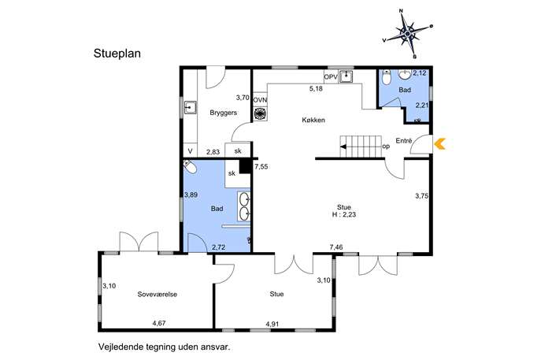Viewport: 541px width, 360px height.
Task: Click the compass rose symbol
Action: coord(407,34)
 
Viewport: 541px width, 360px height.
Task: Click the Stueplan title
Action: coord(117,54)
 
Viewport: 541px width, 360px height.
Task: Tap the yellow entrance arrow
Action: coord(439,143)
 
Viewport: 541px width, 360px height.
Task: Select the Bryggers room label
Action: coord(223,113)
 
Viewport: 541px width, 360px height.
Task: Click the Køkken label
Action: coord(313,120)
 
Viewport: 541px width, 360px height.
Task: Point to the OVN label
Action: coord(260,100)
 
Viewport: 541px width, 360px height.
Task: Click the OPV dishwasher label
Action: coord(331,77)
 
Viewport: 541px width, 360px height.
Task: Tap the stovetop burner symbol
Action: coord(260,113)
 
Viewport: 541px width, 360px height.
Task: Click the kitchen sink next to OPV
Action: coord(346,76)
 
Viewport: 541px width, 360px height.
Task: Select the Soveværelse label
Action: coord(157,295)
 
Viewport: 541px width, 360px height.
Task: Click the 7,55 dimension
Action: coord(261,167)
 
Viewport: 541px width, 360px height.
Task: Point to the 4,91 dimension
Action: coord(272,324)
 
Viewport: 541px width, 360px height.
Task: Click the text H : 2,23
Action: coord(344,214)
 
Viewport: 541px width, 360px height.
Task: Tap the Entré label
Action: coord(404,141)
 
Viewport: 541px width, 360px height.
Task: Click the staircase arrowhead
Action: coord(343,147)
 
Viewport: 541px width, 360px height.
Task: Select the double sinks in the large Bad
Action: coord(244,206)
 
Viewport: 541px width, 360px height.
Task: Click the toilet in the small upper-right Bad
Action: coord(387,78)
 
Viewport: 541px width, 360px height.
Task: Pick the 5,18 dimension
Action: coord(316,89)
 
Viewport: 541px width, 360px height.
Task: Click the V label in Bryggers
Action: coord(190,151)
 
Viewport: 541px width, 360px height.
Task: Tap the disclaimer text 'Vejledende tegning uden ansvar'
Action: coord(164,347)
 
